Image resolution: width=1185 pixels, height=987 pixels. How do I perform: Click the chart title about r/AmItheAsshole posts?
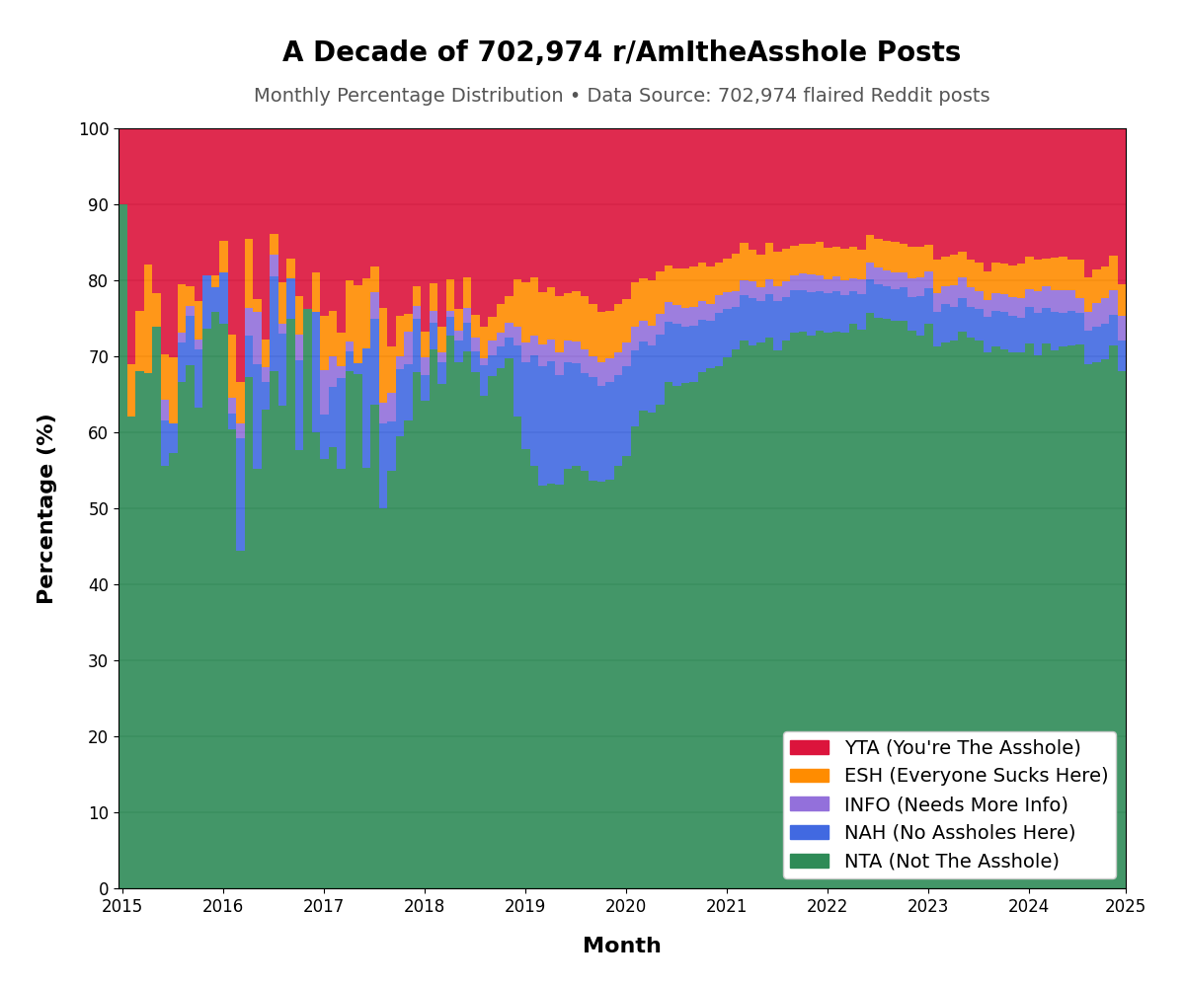coord(621,53)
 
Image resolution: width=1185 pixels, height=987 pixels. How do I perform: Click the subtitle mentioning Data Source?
coord(621,96)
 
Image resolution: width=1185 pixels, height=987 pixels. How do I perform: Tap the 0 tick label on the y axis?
coord(104,889)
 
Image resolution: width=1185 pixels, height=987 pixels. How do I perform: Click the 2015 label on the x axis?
coord(122,906)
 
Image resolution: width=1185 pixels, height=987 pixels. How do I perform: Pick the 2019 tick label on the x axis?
coord(525,906)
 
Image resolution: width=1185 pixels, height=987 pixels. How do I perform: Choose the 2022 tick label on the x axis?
coord(828,906)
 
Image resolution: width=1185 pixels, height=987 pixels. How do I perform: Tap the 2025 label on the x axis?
coord(1126,906)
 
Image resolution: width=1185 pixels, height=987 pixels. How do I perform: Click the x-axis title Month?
coord(621,946)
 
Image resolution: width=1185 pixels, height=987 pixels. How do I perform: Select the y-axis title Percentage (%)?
coord(46,508)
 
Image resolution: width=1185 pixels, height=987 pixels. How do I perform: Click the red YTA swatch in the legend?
coord(810,748)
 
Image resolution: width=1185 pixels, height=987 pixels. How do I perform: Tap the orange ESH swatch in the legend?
coord(810,776)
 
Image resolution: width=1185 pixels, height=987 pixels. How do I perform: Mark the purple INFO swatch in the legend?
coord(810,804)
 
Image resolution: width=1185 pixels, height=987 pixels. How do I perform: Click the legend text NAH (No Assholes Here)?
coord(959,833)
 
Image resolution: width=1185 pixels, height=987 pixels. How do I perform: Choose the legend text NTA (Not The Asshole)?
coord(951,862)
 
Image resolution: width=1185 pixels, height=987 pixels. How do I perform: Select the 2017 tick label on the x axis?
coord(324,906)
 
